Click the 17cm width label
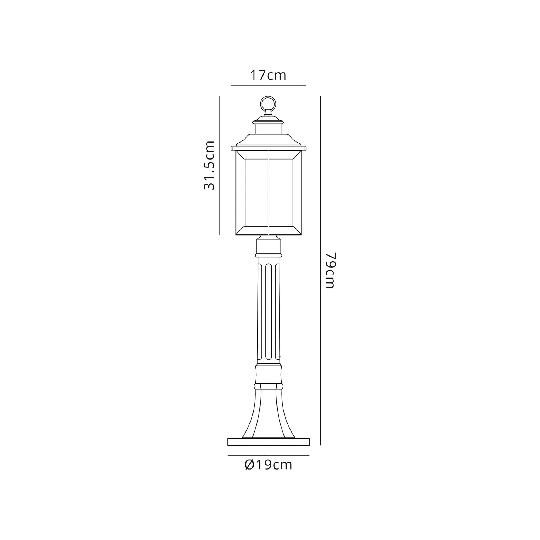click(x=268, y=76)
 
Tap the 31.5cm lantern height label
click(x=209, y=166)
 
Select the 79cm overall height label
click(x=330, y=270)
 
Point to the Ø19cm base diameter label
click(x=268, y=465)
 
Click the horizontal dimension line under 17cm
click(x=268, y=86)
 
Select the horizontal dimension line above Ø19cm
click(x=268, y=455)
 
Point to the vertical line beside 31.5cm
click(x=220, y=166)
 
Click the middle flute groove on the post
click(x=268, y=312)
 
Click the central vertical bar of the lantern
click(x=268, y=193)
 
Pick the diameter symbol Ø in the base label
click(x=249, y=465)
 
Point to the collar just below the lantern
click(x=268, y=246)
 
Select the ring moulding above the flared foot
click(x=268, y=386)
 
